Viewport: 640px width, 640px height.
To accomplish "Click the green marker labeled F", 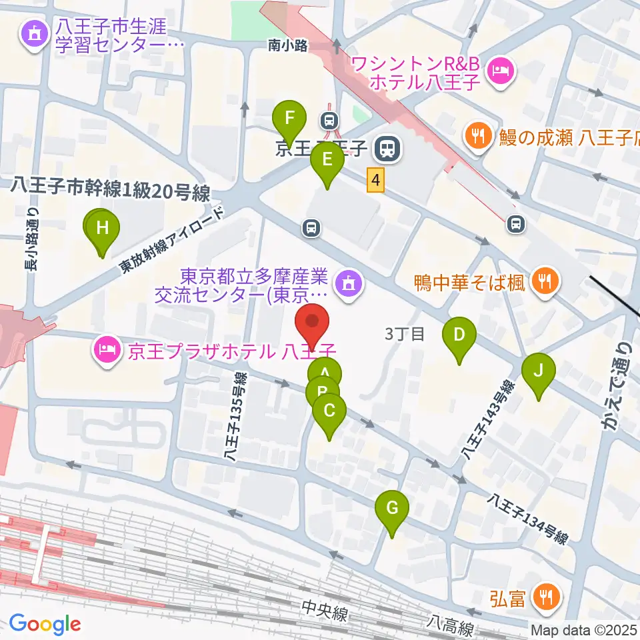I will coord(290,120).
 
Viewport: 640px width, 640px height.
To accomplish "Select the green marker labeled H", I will coord(102,229).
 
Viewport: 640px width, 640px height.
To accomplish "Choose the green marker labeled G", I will coord(392,510).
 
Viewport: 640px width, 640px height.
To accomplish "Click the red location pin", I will coord(313,323).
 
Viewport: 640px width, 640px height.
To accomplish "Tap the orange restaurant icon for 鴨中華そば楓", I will coord(545,281).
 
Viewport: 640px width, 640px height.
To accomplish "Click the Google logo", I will coord(45,624).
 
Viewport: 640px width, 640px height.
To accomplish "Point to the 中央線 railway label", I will coord(324,611).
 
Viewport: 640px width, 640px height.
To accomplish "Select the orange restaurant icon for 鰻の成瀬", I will coord(477,137).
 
